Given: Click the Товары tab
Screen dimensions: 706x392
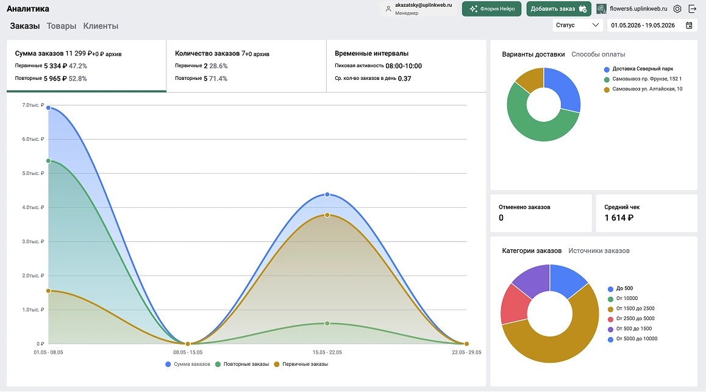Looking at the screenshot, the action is (61, 26).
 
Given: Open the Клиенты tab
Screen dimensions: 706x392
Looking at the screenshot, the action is (101, 26).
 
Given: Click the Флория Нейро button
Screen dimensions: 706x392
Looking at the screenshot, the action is (491, 9).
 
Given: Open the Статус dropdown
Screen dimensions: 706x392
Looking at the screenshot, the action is (578, 25).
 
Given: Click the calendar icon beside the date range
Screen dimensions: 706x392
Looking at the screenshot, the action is (689, 25).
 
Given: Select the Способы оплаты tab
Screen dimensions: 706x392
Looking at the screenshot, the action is (598, 54).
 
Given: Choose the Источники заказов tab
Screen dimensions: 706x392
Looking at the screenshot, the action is (599, 251).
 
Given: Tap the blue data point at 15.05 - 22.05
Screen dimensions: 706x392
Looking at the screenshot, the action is (327, 195).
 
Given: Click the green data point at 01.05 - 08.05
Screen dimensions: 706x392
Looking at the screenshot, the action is (49, 161).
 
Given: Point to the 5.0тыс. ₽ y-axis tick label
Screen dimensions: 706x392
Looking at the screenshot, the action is (34, 173).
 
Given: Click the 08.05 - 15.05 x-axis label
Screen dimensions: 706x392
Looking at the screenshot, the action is (188, 352).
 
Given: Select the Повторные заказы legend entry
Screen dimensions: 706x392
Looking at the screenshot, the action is (242, 364).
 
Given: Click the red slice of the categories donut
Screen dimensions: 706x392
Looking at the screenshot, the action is (514, 305).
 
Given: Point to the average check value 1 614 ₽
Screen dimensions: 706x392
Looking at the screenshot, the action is (619, 218).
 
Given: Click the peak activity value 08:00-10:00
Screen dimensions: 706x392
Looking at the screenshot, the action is (404, 66).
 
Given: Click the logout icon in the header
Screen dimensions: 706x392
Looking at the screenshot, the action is (693, 9).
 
